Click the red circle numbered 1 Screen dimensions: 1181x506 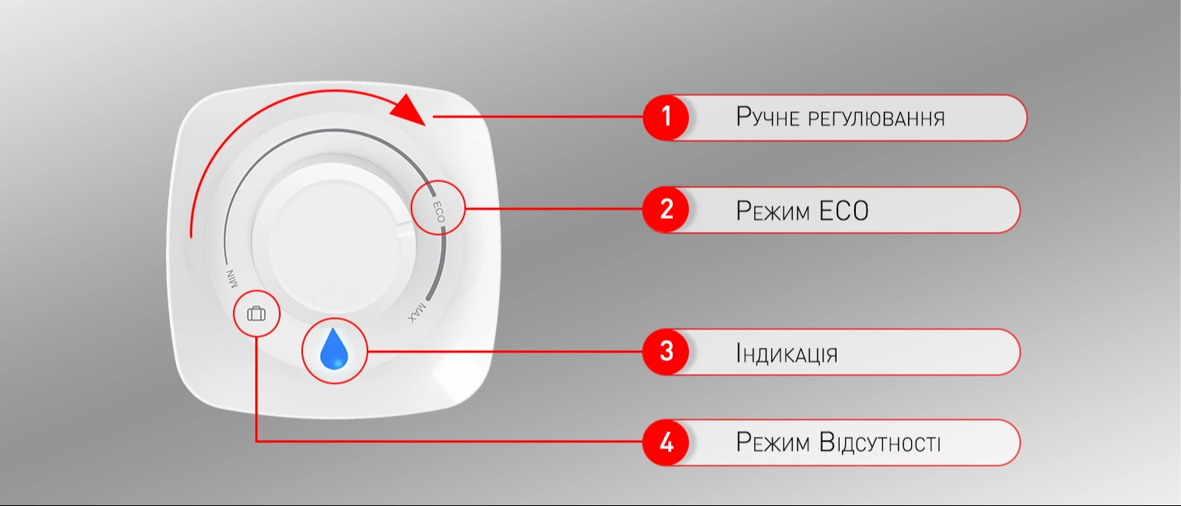(666, 117)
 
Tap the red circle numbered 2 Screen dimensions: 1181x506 (666, 209)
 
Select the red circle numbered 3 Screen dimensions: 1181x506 (666, 351)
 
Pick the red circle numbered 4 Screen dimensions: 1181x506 (666, 442)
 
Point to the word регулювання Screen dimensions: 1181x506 (877, 119)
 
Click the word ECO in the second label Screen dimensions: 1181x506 (843, 211)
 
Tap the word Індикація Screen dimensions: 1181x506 (787, 353)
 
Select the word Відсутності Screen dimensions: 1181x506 (880, 443)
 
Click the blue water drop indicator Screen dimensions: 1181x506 (334, 349)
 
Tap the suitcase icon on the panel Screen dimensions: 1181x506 (256, 314)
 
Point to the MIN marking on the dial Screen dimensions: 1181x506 (231, 279)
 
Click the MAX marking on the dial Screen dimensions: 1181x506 (416, 311)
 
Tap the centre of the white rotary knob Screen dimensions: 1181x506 (334, 239)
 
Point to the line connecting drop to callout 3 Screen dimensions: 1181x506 (505, 351)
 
